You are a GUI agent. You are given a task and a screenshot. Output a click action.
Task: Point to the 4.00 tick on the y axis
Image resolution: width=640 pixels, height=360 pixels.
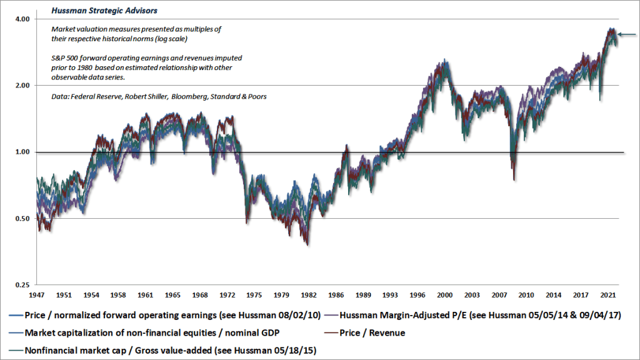[22, 19]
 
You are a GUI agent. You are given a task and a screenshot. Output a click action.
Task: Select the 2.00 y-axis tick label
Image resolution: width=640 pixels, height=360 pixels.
[22, 85]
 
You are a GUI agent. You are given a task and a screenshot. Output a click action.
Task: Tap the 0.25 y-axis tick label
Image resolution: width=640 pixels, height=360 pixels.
[22, 285]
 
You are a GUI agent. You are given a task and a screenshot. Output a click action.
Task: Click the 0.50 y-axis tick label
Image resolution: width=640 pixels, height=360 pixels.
[22, 219]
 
